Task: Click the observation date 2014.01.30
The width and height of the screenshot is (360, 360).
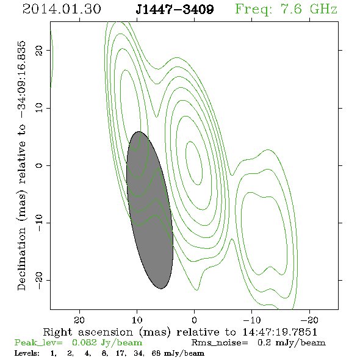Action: pyautogui.click(x=62, y=9)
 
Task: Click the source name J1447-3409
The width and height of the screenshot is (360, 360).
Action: pyautogui.click(x=175, y=10)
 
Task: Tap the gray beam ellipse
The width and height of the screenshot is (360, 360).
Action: pyautogui.click(x=149, y=210)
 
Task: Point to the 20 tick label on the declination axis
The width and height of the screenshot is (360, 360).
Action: pyautogui.click(x=39, y=50)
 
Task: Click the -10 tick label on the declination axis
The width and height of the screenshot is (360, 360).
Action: pyautogui.click(x=39, y=223)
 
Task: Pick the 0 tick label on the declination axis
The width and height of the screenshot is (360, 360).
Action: pyautogui.click(x=39, y=165)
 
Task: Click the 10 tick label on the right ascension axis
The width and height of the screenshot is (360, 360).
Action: pyautogui.click(x=137, y=320)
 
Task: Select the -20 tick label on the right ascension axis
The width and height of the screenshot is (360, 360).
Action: pyautogui.click(x=310, y=320)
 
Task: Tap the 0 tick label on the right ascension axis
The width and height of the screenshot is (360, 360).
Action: pyautogui.click(x=194, y=320)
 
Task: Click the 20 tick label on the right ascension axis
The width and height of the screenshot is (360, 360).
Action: pyautogui.click(x=80, y=320)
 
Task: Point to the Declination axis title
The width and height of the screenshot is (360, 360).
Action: pyautogui.click(x=21, y=165)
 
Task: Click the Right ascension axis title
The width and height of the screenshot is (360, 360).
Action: pyautogui.click(x=180, y=332)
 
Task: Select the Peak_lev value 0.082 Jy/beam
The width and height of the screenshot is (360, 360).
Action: pyautogui.click(x=107, y=343)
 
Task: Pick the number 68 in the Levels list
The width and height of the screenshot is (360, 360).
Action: pyautogui.click(x=156, y=353)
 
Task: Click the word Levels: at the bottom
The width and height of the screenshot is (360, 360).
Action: pyautogui.click(x=27, y=353)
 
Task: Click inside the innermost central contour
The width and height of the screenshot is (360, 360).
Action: pyautogui.click(x=194, y=164)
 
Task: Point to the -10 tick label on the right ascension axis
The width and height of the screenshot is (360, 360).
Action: pyautogui.click(x=252, y=320)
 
